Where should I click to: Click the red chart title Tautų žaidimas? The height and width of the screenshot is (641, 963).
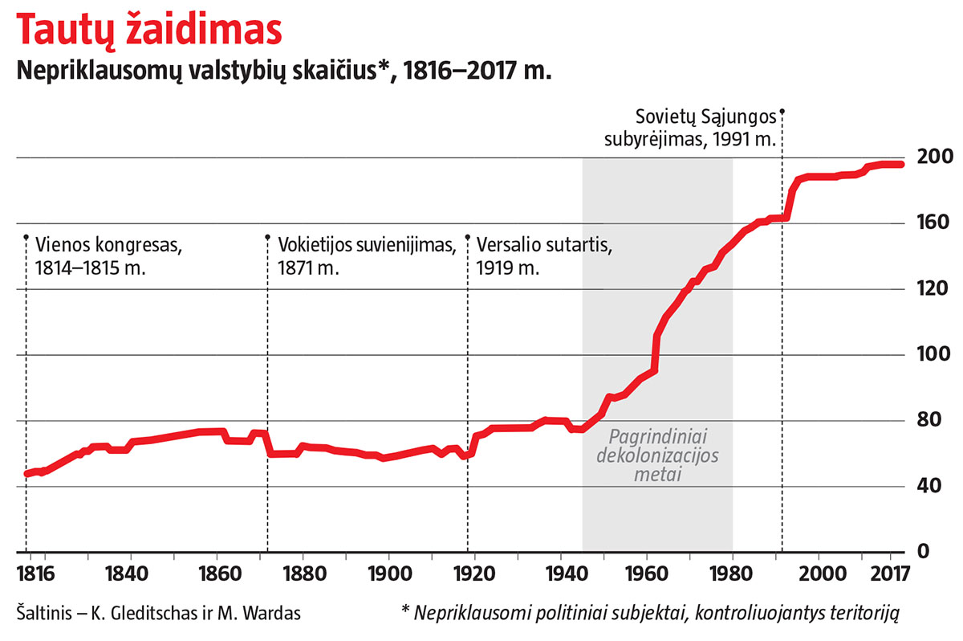coord(149,31)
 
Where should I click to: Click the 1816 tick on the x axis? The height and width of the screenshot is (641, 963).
coord(35,576)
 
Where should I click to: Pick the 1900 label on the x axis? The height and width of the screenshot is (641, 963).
coord(388,576)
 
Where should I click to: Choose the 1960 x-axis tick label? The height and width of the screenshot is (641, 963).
coord(647,576)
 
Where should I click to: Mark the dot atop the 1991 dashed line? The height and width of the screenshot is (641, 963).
coord(782,112)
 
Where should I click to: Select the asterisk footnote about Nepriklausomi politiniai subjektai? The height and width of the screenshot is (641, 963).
coord(650,614)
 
